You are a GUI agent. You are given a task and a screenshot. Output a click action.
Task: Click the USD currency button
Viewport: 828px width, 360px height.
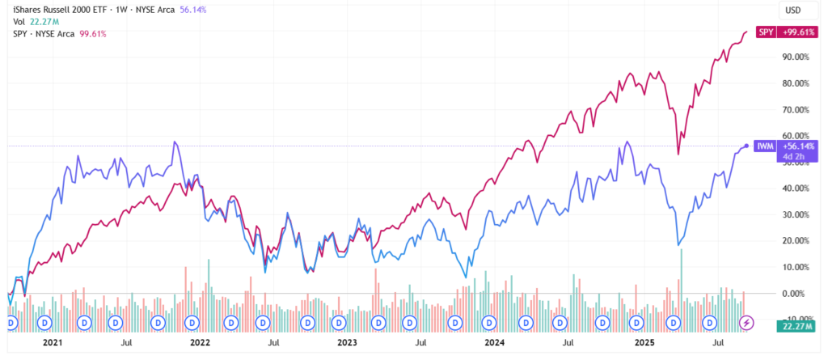pyautogui.click(x=794, y=11)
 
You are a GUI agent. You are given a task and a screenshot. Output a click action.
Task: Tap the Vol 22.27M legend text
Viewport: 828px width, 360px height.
pyautogui.click(x=30, y=22)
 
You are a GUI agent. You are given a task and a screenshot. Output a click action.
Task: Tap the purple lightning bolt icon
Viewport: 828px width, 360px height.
pyautogui.click(x=747, y=322)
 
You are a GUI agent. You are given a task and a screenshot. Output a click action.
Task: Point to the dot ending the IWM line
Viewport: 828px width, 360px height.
pyautogui.click(x=746, y=146)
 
